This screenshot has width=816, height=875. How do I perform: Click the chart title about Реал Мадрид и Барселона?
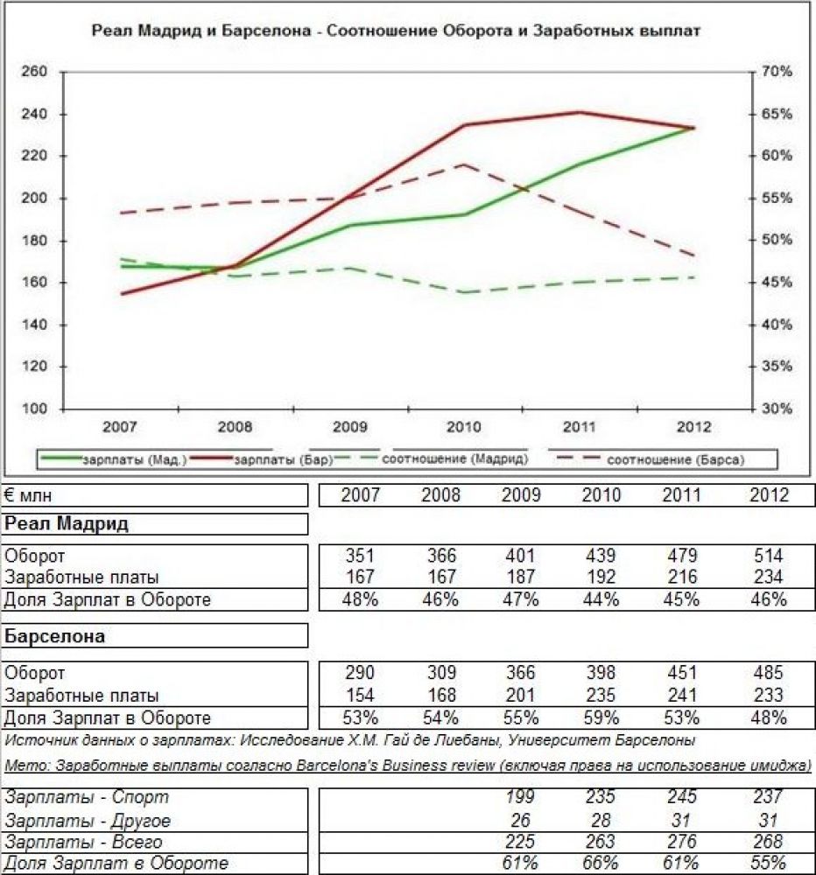coord(396,31)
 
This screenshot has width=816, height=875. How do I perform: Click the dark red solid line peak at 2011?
coord(579,112)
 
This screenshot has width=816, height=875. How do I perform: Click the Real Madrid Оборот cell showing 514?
coord(768,556)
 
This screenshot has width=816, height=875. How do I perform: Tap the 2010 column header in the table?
coord(601,495)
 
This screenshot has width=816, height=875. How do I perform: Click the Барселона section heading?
coord(55,636)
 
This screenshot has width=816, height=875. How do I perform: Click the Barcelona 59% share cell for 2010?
coord(601,718)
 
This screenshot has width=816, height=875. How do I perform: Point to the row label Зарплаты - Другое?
coord(88,821)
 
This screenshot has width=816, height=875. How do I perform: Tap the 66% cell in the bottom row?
coord(601,864)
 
